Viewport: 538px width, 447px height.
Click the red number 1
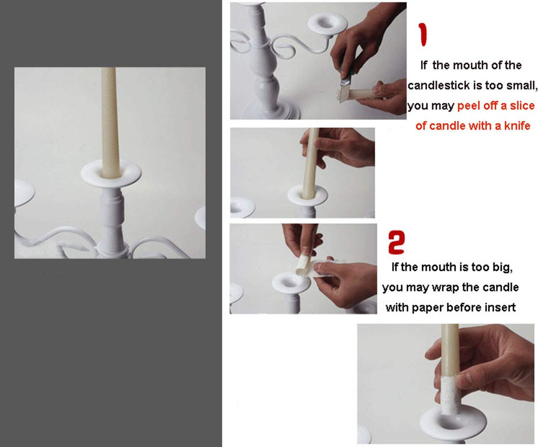[423, 34]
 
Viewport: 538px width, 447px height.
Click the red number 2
[396, 242]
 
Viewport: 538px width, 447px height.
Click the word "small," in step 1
[522, 85]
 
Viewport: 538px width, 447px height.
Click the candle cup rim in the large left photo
[111, 174]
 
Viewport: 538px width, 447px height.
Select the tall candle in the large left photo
[110, 123]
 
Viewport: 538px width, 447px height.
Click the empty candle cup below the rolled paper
[291, 283]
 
